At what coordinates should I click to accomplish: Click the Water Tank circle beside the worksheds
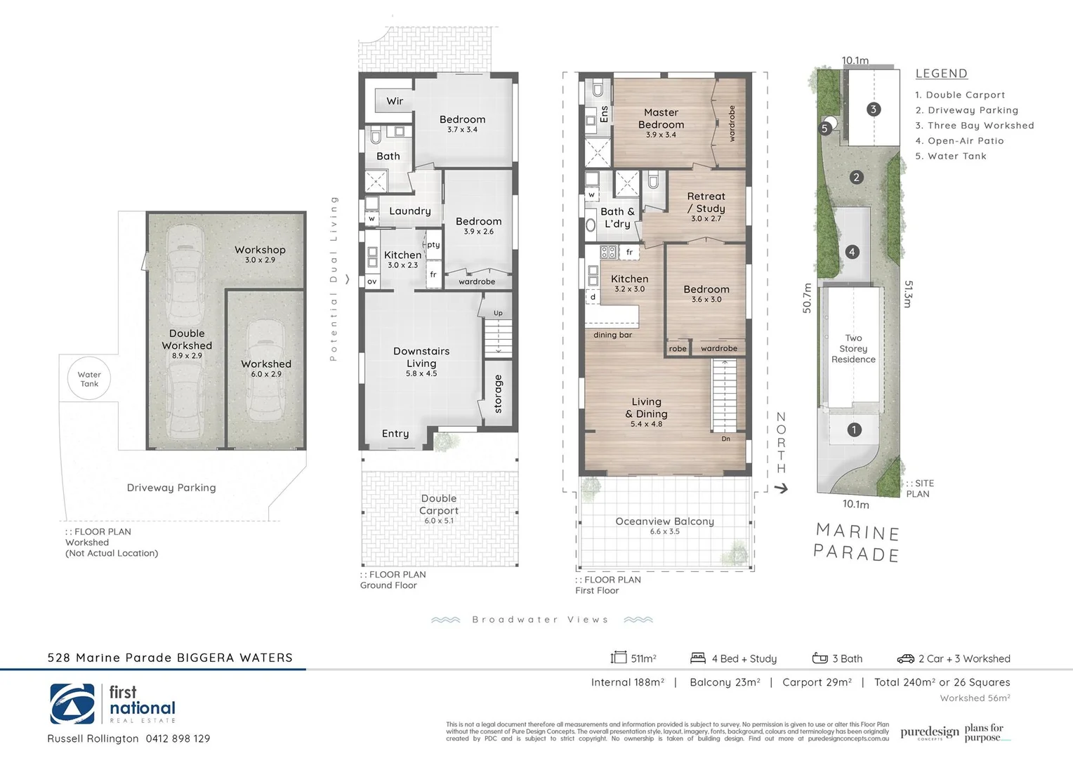pyautogui.click(x=89, y=379)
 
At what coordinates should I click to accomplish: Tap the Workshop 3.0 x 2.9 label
pyautogui.click(x=260, y=253)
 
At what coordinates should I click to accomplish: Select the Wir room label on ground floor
pyautogui.click(x=395, y=101)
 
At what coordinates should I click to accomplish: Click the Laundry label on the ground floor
pyautogui.click(x=410, y=211)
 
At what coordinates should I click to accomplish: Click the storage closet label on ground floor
pyautogui.click(x=499, y=394)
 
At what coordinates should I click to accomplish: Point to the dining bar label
pyautogui.click(x=612, y=335)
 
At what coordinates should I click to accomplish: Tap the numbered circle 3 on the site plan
pyautogui.click(x=874, y=109)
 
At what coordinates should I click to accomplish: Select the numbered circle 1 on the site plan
pyautogui.click(x=854, y=430)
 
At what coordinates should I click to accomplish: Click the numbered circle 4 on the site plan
pyautogui.click(x=852, y=252)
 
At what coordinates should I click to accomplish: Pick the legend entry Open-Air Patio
pyautogui.click(x=966, y=140)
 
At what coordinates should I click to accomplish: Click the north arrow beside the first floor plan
pyautogui.click(x=781, y=488)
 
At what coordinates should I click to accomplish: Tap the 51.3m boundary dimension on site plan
pyautogui.click(x=908, y=294)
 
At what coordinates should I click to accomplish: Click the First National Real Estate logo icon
pyautogui.click(x=73, y=704)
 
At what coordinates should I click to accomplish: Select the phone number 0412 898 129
pyautogui.click(x=178, y=738)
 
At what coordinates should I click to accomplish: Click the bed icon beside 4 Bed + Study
pyautogui.click(x=697, y=658)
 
